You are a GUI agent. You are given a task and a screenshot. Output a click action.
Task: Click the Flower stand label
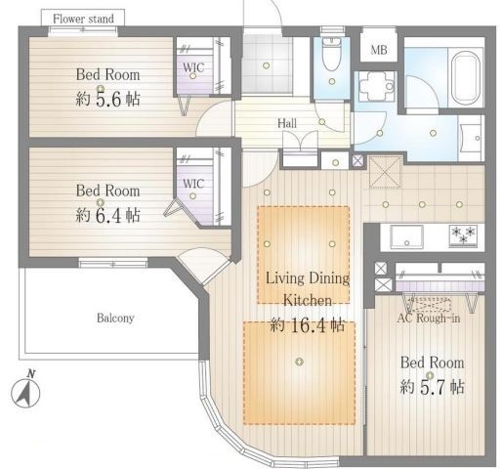(x=83, y=19)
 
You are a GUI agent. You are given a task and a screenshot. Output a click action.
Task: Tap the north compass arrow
(x=25, y=392)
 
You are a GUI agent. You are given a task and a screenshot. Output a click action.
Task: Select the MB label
(x=379, y=50)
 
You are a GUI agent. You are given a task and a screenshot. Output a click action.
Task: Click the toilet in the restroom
(x=331, y=54)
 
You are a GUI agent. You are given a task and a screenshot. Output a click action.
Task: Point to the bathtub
(x=466, y=78)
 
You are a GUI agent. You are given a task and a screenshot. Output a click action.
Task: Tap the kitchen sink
(x=406, y=236)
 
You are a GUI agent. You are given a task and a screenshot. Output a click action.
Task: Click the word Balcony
(x=115, y=318)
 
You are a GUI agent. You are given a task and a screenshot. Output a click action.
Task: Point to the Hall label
(x=287, y=123)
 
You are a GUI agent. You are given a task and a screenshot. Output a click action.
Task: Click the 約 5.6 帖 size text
(x=107, y=99)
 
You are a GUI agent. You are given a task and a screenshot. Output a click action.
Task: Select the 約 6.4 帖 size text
(x=107, y=215)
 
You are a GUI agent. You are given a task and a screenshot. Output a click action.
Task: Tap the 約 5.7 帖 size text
(x=432, y=387)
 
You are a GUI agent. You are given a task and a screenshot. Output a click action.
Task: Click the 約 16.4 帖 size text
(x=308, y=324)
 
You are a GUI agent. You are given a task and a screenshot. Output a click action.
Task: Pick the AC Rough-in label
(x=429, y=318)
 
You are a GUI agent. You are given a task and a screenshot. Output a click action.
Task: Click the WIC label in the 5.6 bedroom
(x=193, y=67)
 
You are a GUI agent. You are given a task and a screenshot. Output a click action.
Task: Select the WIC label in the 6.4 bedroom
(x=193, y=184)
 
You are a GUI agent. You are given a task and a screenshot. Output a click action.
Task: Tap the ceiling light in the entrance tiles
(x=266, y=65)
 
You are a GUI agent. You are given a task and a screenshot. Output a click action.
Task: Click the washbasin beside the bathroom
(x=471, y=138)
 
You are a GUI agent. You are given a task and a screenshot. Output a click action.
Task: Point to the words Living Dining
(x=308, y=278)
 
